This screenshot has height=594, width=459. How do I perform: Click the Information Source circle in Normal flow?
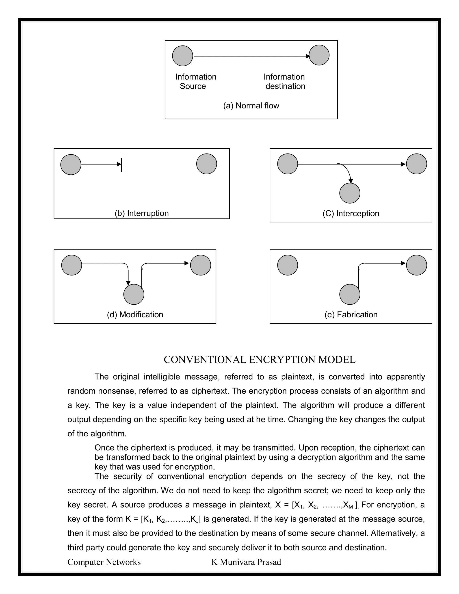point(182,56)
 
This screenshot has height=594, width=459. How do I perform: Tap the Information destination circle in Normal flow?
point(319,55)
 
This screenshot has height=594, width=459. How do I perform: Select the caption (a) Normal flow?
point(251,106)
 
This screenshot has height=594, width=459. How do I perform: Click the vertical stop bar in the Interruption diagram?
point(121,165)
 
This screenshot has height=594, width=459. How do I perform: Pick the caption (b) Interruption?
point(141,213)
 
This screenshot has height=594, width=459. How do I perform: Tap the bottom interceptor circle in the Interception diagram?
point(350,193)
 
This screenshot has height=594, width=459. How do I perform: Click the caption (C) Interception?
point(351,213)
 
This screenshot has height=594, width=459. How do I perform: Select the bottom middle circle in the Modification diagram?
point(134,294)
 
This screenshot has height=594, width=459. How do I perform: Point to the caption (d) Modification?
point(135,314)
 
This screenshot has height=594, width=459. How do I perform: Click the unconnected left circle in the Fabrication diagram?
point(287,265)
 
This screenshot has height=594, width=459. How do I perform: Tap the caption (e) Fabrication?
point(351,314)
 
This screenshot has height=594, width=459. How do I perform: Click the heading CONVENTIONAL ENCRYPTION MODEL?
point(259,360)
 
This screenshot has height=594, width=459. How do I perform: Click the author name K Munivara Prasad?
point(246,562)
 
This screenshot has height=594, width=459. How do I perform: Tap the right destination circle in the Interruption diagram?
point(206,164)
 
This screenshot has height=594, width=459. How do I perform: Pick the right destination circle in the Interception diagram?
point(416,164)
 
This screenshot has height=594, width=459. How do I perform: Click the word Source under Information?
point(193,86)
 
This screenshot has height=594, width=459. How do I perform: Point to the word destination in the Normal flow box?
point(285,86)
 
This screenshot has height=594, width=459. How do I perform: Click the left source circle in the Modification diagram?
point(71,265)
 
